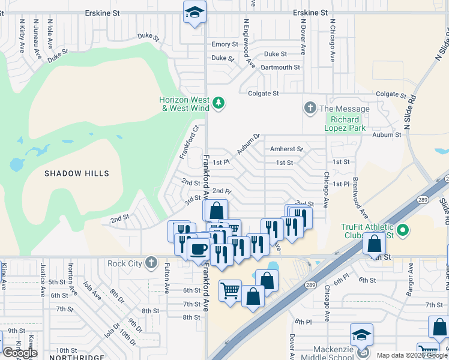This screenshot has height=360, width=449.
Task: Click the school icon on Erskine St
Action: [194, 13]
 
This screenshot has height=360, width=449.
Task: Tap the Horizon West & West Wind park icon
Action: [219, 104]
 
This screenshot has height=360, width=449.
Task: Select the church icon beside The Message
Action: [310, 109]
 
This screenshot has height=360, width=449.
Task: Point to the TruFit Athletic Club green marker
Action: [403, 230]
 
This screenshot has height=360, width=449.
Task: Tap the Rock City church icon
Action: [151, 263]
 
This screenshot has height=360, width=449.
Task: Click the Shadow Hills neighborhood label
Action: [77, 173]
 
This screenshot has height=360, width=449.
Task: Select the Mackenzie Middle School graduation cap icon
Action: [361, 335]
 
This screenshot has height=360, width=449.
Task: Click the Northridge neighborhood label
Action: [71, 356]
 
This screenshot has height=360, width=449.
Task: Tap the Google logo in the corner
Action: [19, 353]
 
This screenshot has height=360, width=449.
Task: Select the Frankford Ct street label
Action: [188, 142]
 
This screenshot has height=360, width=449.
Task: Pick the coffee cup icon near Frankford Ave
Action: [199, 248]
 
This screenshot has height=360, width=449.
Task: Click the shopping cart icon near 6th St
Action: [230, 291]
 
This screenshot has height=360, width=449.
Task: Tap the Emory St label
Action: [224, 44]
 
